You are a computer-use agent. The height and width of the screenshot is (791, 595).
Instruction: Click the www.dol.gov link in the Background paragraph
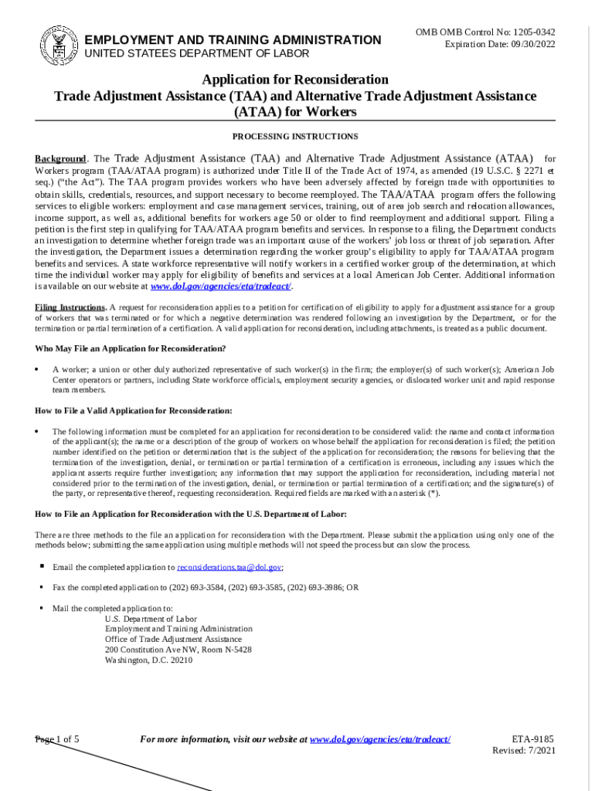(x=220, y=286)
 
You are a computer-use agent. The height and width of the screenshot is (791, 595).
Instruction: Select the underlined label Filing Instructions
(x=69, y=307)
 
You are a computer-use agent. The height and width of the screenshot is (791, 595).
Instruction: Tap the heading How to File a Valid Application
(x=134, y=410)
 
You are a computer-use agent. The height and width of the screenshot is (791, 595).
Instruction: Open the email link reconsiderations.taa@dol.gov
(x=229, y=567)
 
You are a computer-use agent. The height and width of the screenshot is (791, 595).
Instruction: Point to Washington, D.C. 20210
(x=148, y=660)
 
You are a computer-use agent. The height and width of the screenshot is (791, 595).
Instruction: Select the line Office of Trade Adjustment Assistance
(x=173, y=640)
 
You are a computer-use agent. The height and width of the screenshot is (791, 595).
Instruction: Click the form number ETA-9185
(x=533, y=739)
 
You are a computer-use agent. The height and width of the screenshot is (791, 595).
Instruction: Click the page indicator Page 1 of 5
(x=57, y=739)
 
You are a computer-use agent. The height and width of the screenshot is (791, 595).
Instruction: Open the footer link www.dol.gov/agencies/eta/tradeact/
(x=379, y=739)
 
